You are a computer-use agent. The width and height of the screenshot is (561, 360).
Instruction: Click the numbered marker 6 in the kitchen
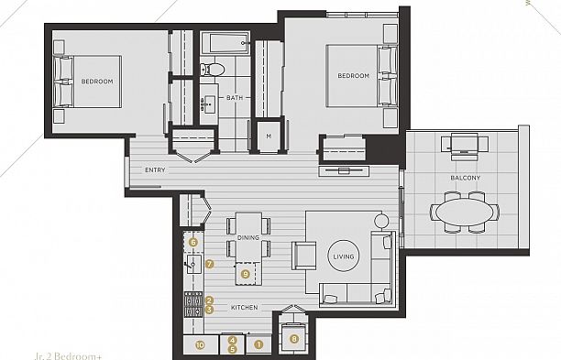(x=193, y=242)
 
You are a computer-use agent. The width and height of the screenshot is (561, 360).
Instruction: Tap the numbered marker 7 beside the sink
(x=210, y=264)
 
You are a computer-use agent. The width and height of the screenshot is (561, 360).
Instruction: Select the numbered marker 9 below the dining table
(x=245, y=272)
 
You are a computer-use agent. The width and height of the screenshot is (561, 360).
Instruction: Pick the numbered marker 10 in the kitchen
(x=201, y=344)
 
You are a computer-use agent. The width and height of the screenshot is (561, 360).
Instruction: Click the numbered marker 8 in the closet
(x=293, y=339)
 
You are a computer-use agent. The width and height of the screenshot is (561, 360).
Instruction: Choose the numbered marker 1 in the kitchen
(x=258, y=344)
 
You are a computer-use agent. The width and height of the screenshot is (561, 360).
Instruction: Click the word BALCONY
(x=465, y=177)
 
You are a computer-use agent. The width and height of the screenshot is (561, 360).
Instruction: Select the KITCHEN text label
(x=243, y=307)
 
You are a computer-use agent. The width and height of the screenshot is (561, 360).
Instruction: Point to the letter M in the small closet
(x=269, y=136)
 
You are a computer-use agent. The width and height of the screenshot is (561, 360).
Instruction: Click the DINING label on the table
(x=248, y=237)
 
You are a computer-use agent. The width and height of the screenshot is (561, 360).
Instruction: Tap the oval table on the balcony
(x=464, y=211)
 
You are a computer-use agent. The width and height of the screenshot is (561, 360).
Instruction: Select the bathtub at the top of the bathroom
(x=225, y=42)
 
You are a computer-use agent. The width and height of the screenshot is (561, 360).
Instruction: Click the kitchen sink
(x=193, y=267)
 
